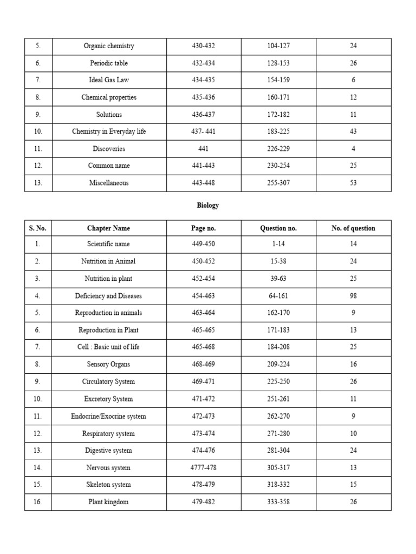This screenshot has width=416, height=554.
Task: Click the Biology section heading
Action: (207, 206)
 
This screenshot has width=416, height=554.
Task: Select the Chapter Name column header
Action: (108, 228)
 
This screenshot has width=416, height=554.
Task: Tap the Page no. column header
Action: (203, 228)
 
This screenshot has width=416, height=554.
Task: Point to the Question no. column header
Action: (278, 228)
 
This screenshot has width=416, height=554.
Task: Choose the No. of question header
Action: (353, 228)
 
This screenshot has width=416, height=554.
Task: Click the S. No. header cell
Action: (38, 228)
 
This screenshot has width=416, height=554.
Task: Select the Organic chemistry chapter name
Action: (108, 46)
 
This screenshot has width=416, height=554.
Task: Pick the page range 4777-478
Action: (203, 468)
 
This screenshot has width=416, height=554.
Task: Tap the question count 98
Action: (353, 296)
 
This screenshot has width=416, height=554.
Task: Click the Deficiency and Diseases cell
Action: (108, 296)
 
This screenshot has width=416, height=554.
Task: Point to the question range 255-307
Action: (278, 183)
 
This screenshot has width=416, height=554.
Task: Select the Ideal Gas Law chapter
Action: (108, 80)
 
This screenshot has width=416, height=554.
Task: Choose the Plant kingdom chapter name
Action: (108, 502)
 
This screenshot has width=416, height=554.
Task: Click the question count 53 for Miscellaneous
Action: (353, 183)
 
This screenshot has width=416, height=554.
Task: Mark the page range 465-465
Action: (203, 330)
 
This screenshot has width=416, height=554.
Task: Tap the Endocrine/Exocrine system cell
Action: (108, 417)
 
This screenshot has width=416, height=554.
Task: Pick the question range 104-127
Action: (278, 46)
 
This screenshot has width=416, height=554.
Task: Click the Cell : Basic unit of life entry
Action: (108, 347)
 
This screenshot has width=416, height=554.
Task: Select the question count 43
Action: (353, 131)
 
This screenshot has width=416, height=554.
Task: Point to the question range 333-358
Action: (278, 502)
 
